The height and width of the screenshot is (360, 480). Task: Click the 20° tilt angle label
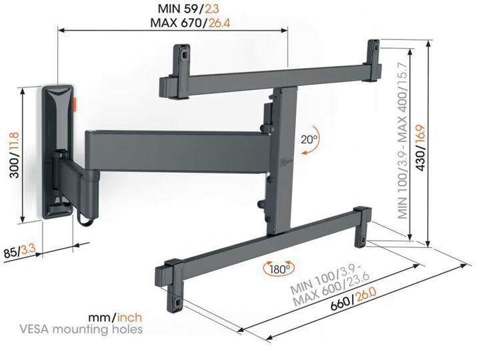[x=309, y=139]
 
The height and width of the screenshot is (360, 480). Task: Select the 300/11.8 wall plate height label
[x=14, y=155]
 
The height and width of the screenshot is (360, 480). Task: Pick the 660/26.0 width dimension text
[x=353, y=299]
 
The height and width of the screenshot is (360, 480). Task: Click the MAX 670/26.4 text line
[x=190, y=23]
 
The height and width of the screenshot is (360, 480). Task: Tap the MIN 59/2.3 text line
[x=188, y=9]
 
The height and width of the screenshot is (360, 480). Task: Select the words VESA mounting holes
[x=81, y=329]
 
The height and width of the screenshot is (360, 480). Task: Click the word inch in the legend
[x=130, y=317]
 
